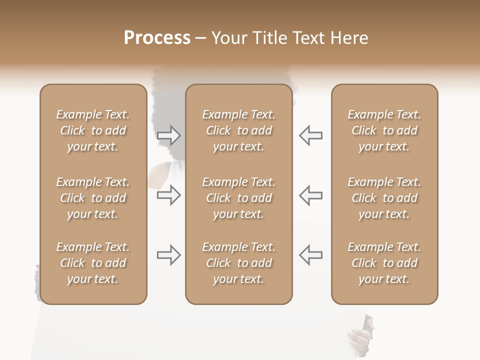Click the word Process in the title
[x=157, y=38]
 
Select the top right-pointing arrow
[x=168, y=135]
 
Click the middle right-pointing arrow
[x=168, y=195]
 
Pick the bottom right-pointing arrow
[x=168, y=255]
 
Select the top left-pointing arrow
[x=310, y=135]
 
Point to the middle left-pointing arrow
[x=310, y=195]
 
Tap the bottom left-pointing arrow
[x=310, y=255]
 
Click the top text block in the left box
[x=93, y=130]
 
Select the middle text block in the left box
[x=93, y=198]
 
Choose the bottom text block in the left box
[x=93, y=263]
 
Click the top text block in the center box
[x=238, y=130]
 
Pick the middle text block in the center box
[x=238, y=198]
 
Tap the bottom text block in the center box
[x=238, y=263]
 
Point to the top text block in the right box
[x=384, y=130]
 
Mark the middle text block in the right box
[x=384, y=198]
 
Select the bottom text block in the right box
[x=384, y=263]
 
